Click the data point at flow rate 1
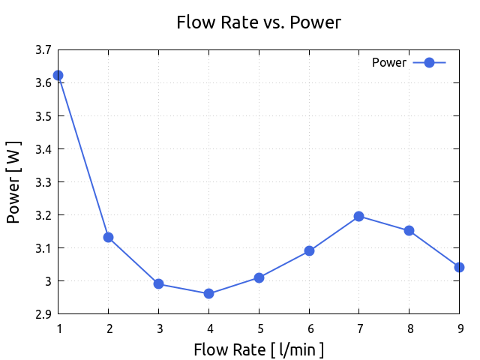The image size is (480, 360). pyautogui.click(x=58, y=76)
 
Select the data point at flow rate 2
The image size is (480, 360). pyautogui.click(x=109, y=237)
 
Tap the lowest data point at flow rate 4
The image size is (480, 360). pyautogui.click(x=208, y=293)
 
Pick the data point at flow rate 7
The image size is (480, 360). pyautogui.click(x=358, y=216)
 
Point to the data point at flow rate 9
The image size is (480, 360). pyautogui.click(x=459, y=267)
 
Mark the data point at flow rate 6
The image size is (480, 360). pyautogui.click(x=309, y=250)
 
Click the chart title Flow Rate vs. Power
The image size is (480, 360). pyautogui.click(x=258, y=22)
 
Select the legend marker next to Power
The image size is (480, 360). pyautogui.click(x=429, y=63)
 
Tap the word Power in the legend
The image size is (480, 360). pyautogui.click(x=388, y=63)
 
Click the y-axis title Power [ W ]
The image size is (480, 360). pyautogui.click(x=13, y=181)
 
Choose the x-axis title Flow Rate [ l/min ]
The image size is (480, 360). pyautogui.click(x=258, y=349)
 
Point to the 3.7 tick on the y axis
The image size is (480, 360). pyautogui.click(x=43, y=50)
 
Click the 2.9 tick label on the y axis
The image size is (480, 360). pyautogui.click(x=43, y=314)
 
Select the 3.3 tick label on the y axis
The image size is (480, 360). pyautogui.click(x=43, y=182)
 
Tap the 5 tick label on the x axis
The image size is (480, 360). pyautogui.click(x=259, y=328)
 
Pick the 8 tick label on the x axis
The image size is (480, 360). pyautogui.click(x=409, y=328)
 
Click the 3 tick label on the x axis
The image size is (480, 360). pyautogui.click(x=158, y=328)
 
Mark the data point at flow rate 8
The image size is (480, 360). pyautogui.click(x=409, y=230)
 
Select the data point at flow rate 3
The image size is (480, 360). pyautogui.click(x=158, y=283)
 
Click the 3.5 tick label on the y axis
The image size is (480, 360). pyautogui.click(x=43, y=116)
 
